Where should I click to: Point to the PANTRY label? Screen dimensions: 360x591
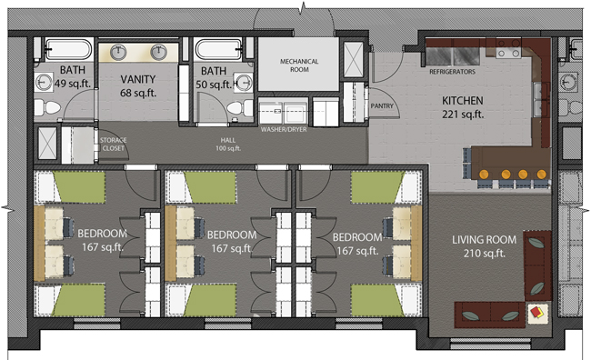382,105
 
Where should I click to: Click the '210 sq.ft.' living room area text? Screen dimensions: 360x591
484,255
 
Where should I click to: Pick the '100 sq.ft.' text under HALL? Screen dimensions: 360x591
227,146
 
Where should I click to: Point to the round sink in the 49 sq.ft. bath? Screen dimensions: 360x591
45,83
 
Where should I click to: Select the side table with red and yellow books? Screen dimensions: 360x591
537,312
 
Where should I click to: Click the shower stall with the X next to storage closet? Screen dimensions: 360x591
47,142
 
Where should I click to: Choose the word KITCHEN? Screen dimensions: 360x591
462,100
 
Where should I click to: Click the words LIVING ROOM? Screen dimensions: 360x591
484,240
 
